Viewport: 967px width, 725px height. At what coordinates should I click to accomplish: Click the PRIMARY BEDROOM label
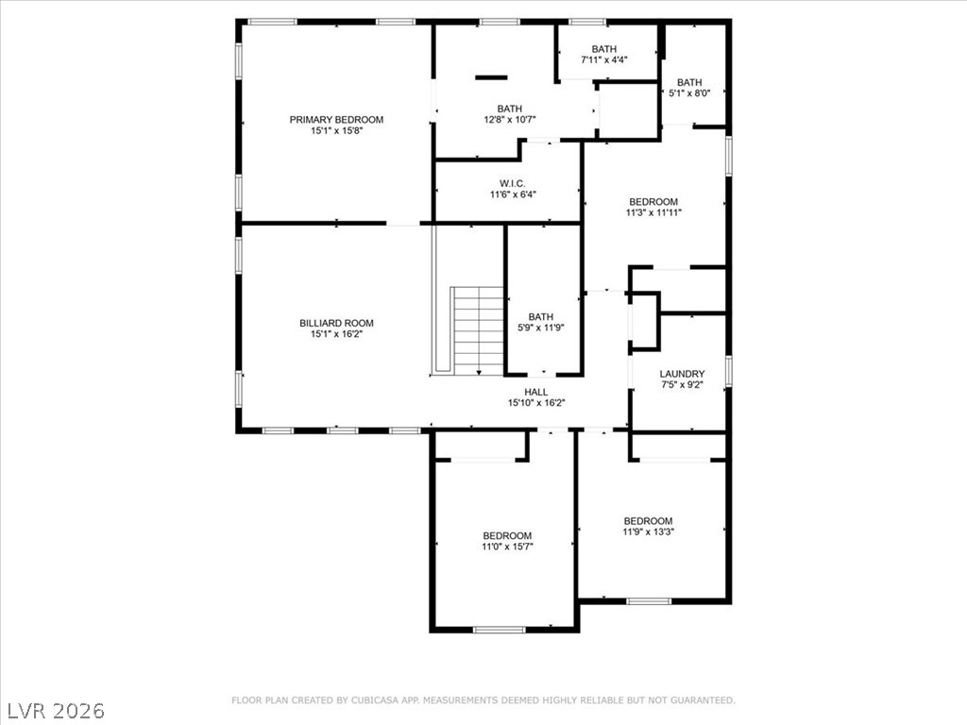pos(336,120)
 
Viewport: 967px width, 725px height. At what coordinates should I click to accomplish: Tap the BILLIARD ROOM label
pos(336,323)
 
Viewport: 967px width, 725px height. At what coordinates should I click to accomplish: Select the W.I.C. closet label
pos(513,183)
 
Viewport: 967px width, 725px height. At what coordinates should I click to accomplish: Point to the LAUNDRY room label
pos(682,374)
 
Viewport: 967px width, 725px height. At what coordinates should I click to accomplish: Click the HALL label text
pos(536,392)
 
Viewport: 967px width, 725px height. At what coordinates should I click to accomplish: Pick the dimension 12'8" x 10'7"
pos(510,120)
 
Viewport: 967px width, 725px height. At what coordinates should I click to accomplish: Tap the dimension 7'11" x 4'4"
pos(604,59)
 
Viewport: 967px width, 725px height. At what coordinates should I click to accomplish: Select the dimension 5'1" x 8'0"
pos(689,93)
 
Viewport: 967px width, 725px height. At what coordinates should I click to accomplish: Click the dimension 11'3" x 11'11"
pos(653,213)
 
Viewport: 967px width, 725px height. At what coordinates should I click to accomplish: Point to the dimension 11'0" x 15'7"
pos(508,547)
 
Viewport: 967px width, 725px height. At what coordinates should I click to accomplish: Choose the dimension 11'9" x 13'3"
pos(648,531)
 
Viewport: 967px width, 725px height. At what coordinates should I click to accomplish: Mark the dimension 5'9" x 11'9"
pos(541,328)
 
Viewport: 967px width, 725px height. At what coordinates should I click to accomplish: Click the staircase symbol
pos(478,329)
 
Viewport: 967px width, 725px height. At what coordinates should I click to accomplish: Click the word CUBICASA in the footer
pos(374,700)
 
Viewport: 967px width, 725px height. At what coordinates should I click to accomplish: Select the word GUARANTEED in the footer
pos(701,700)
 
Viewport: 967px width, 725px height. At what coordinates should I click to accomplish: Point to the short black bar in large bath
pos(490,76)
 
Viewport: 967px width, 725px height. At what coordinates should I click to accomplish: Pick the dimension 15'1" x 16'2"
pos(336,334)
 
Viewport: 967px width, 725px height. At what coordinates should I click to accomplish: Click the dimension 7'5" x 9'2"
pos(682,385)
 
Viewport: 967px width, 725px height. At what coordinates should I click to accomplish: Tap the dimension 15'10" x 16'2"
pos(536,403)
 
